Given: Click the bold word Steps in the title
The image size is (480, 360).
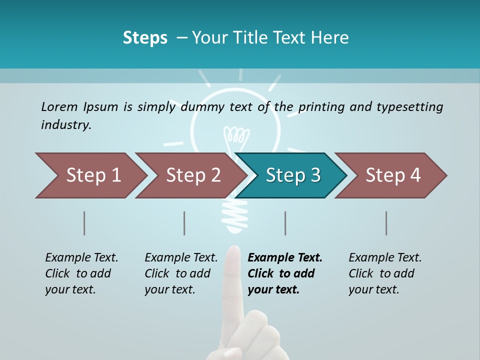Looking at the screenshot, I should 145,38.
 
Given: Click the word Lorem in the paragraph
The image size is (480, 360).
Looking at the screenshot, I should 59,106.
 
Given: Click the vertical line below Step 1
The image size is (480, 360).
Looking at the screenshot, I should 84,223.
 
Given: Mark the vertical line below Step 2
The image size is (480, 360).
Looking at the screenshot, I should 184,223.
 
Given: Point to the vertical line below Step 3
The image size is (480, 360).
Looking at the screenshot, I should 285,223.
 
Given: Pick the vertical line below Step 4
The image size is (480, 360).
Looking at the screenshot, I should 386,223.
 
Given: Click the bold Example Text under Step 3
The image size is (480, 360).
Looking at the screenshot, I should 285,258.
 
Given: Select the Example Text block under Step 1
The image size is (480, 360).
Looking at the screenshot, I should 81,273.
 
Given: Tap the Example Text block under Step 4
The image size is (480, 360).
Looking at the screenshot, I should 385,273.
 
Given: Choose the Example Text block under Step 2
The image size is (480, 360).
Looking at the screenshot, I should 181,273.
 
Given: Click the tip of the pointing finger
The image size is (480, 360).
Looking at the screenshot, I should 232,249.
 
